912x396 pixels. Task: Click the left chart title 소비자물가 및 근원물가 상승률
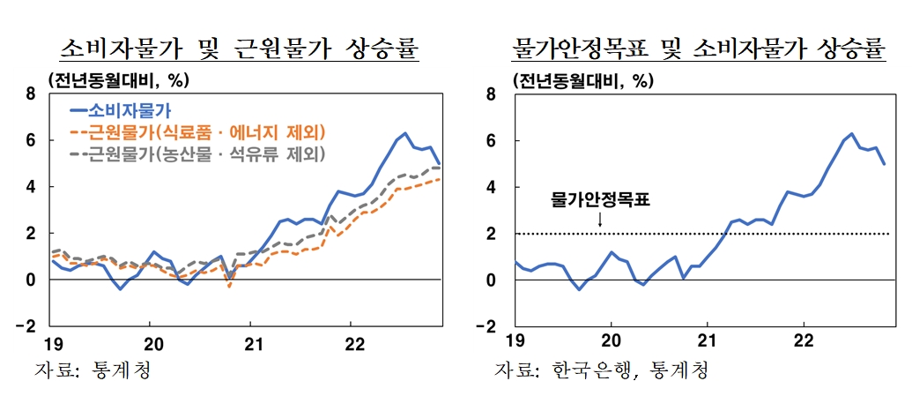(x=239, y=49)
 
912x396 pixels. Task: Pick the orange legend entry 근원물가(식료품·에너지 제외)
(x=196, y=133)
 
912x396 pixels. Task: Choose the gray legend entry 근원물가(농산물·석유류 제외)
(x=196, y=154)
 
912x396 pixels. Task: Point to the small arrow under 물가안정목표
(x=599, y=220)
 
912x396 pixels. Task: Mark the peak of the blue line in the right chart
(x=851, y=134)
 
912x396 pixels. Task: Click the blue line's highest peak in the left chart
(x=404, y=134)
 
